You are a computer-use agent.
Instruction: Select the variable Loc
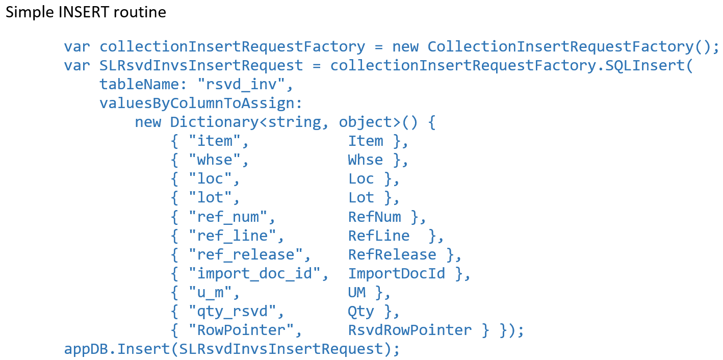coord(361,178)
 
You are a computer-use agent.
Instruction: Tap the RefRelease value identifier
coord(392,254)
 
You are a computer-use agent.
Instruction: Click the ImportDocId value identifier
coord(397,273)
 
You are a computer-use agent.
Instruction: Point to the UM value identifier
coord(357,292)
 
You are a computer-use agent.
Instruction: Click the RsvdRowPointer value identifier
coord(410,330)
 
